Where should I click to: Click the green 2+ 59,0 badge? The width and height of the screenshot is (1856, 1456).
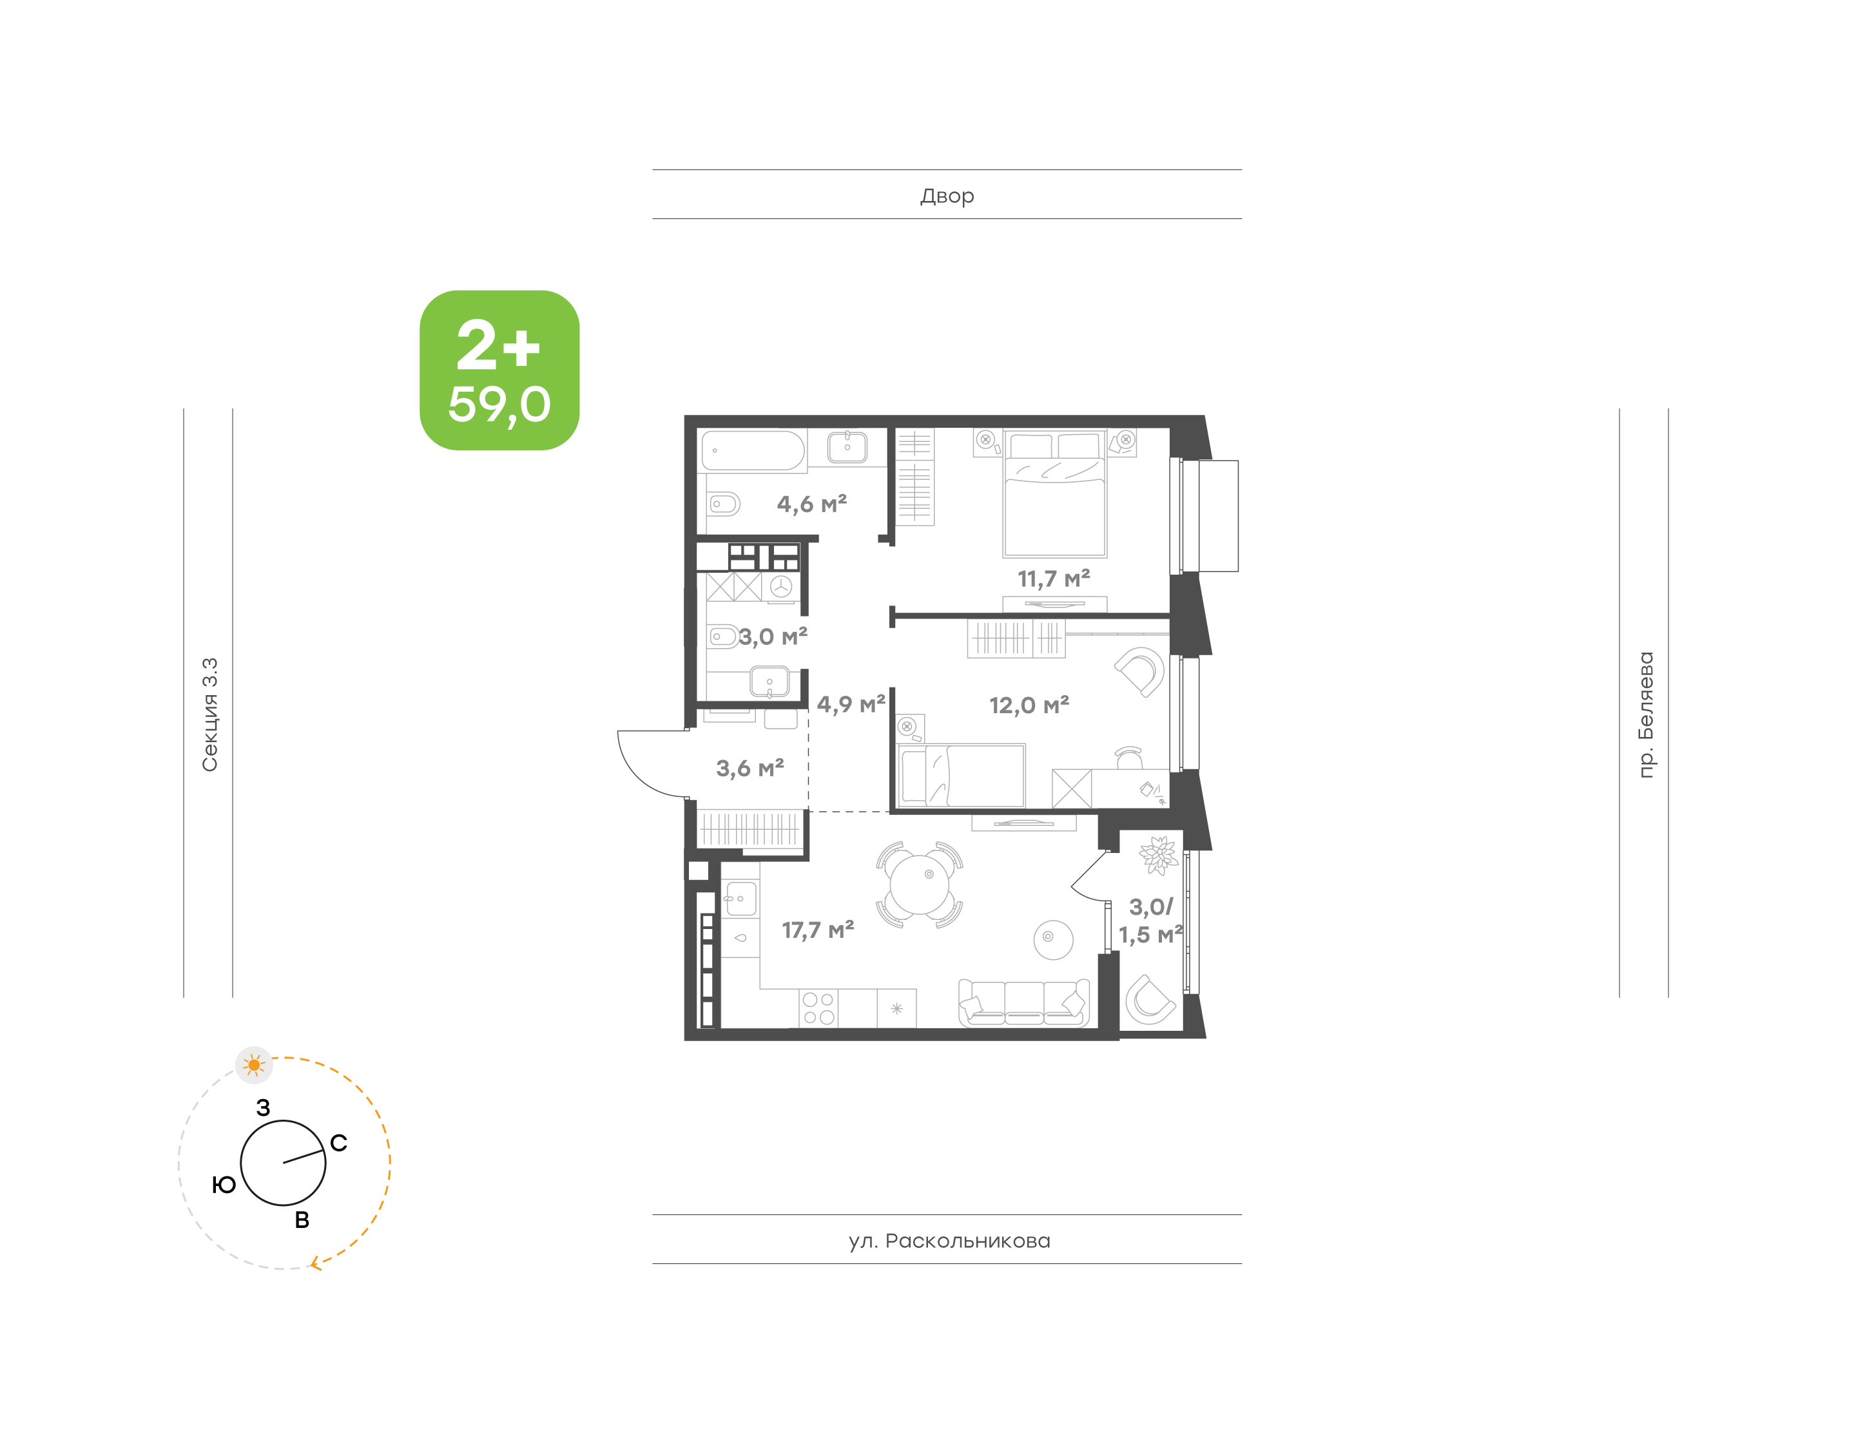tap(499, 369)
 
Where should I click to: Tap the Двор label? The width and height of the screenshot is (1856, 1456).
tap(946, 196)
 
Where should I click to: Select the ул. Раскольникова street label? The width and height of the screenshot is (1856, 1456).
tap(949, 1240)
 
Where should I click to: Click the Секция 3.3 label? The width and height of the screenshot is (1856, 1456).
tap(209, 714)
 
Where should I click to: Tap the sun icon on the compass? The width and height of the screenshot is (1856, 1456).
tap(254, 1065)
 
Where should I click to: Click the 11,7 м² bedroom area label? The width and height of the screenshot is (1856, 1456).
tap(1054, 579)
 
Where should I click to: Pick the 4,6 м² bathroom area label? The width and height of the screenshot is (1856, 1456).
tap(811, 504)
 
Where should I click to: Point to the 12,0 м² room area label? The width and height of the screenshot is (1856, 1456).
tap(1029, 705)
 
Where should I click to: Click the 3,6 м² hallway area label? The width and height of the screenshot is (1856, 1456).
tap(749, 768)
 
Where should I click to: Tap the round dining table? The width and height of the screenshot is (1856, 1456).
tap(918, 884)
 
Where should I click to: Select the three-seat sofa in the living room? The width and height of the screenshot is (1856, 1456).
tap(1023, 1002)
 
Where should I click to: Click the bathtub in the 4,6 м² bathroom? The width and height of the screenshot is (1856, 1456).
tap(752, 450)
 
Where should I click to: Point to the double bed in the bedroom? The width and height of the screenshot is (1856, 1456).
tap(1054, 494)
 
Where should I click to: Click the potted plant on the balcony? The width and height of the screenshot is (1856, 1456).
tap(1158, 855)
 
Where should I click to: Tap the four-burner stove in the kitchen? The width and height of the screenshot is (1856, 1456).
tap(818, 1008)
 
